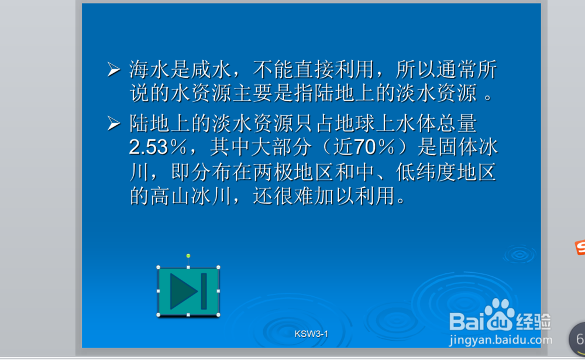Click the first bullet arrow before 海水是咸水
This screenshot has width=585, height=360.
pyautogui.click(x=114, y=70)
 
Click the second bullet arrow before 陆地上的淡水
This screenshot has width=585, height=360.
pyautogui.click(x=114, y=124)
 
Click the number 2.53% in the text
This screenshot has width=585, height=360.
pyautogui.click(x=158, y=147)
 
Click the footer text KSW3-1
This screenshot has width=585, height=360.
pyautogui.click(x=311, y=334)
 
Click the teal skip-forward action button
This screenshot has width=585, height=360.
pyautogui.click(x=188, y=292)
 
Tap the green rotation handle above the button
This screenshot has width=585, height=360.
pyautogui.click(x=188, y=256)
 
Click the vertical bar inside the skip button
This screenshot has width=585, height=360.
pyautogui.click(x=204, y=292)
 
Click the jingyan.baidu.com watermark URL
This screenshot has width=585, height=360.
pyautogui.click(x=501, y=340)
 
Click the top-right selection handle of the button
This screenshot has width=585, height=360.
pyautogui.click(x=218, y=268)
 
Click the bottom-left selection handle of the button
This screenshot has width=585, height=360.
pyautogui.click(x=158, y=315)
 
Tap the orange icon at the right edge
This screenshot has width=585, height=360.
pyautogui.click(x=580, y=248)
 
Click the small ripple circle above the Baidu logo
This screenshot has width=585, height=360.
pyautogui.click(x=519, y=255)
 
